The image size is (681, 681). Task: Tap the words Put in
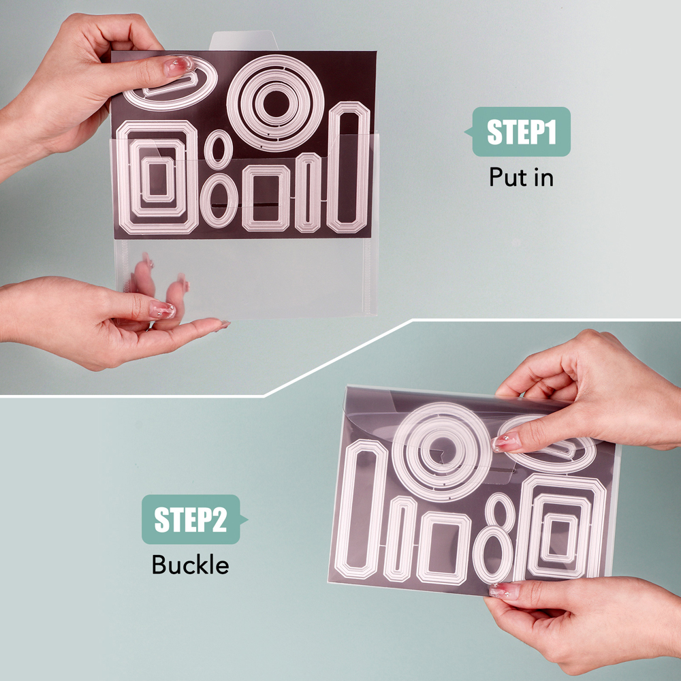pyautogui.click(x=521, y=177)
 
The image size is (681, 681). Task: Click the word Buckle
pyautogui.click(x=190, y=565)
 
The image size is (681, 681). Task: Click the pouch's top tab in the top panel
pyautogui.click(x=243, y=40)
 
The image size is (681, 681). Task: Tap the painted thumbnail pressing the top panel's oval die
pyautogui.click(x=178, y=66)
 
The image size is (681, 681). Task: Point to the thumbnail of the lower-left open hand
pyautogui.click(x=162, y=309)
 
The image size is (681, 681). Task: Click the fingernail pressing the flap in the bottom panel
pyautogui.click(x=505, y=442)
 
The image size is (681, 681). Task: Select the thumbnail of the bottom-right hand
pyautogui.click(x=504, y=590)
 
